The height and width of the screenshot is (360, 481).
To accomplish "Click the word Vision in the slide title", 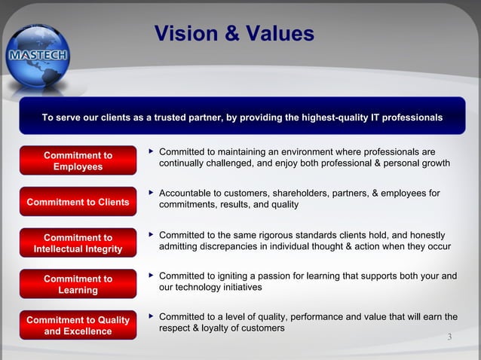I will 185,34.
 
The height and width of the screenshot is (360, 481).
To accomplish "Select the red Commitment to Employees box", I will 78,161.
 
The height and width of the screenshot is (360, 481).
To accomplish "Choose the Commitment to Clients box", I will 78,202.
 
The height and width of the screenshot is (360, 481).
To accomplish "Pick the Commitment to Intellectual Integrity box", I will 78,243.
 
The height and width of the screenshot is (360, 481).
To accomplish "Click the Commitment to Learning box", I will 78,284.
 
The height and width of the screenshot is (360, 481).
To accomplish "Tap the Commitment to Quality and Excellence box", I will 78,325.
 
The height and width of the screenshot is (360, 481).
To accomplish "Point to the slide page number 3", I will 449,337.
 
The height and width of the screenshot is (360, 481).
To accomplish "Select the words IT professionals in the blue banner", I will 405,118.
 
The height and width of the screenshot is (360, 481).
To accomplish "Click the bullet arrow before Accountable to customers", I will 152,193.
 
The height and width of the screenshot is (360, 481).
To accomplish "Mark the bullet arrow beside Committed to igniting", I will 152,276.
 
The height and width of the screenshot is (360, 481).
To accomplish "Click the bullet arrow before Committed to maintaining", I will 152,151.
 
